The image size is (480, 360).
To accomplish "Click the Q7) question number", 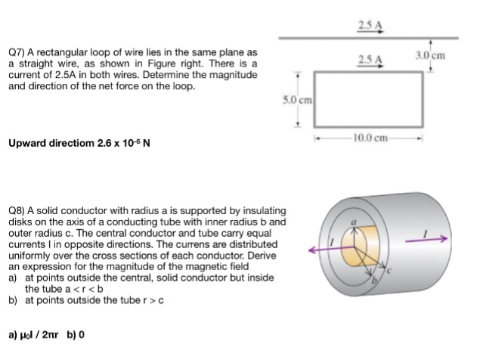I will click(x=17, y=53).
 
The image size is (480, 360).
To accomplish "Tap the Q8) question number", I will click(x=17, y=209).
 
